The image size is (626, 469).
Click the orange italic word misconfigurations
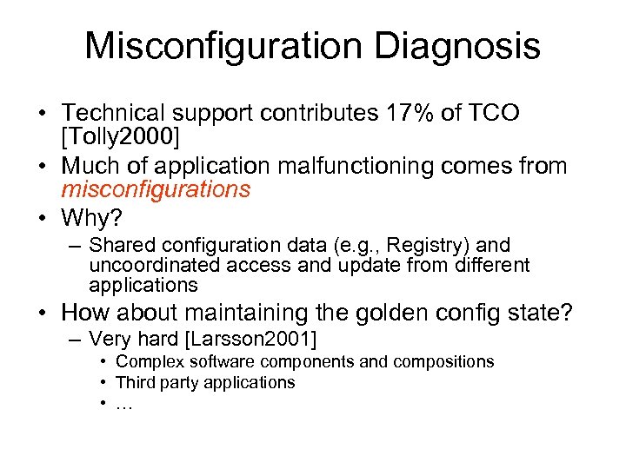[x=156, y=189]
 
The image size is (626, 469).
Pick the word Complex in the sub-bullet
[x=146, y=361]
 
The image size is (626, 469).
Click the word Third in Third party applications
[x=135, y=382]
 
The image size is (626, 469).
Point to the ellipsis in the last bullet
[x=123, y=404]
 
